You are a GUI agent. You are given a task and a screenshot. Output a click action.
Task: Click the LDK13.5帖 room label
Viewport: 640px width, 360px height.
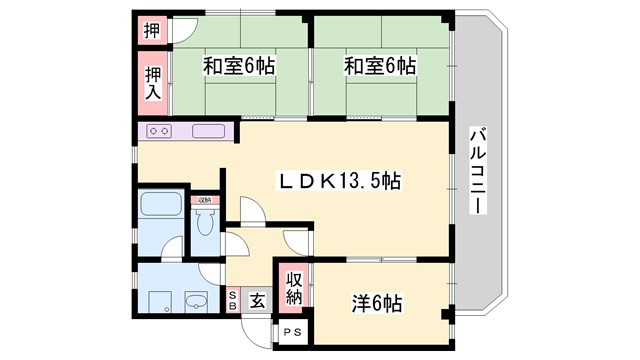coord(340,181)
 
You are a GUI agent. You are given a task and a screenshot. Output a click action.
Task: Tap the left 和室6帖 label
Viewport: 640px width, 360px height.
coord(239,67)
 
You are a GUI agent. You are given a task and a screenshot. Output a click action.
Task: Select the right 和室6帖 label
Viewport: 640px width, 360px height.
coord(380,67)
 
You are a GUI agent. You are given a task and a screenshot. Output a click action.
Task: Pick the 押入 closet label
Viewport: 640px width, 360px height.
coord(152,83)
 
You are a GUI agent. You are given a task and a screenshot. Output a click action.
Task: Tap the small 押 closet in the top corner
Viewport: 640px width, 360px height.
coord(151,29)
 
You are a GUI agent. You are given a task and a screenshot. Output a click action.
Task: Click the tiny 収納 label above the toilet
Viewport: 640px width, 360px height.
coord(205,201)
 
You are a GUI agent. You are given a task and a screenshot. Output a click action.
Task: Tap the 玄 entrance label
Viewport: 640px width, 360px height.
coord(256,299)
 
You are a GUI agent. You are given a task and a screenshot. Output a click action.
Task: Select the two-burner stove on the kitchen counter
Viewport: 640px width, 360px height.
coord(160,131)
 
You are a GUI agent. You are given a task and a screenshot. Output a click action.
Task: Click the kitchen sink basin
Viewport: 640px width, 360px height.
coord(208,131)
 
